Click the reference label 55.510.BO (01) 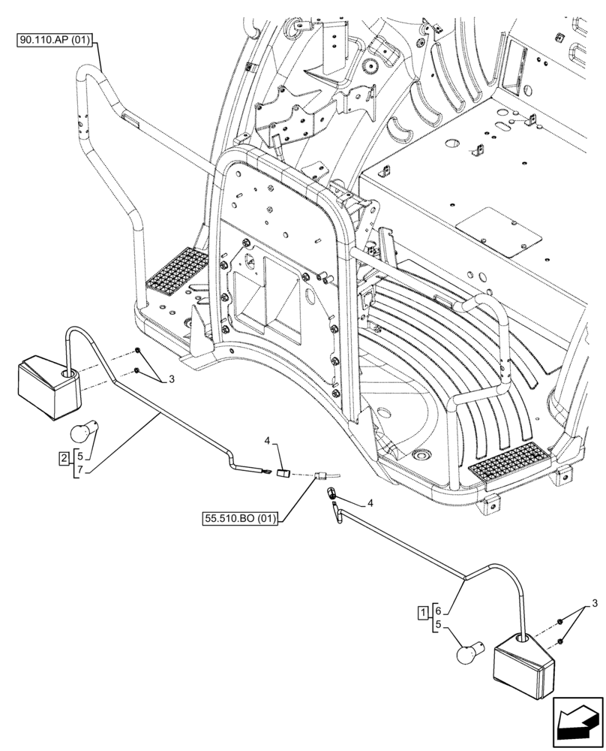click(239, 518)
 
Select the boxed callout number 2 click(66, 457)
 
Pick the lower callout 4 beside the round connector click(370, 502)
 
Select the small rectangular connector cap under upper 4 click(283, 473)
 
